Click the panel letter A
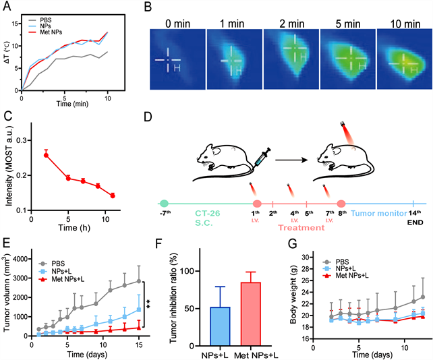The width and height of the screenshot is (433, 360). click(8, 7)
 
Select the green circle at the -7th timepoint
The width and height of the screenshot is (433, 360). click(165, 204)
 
